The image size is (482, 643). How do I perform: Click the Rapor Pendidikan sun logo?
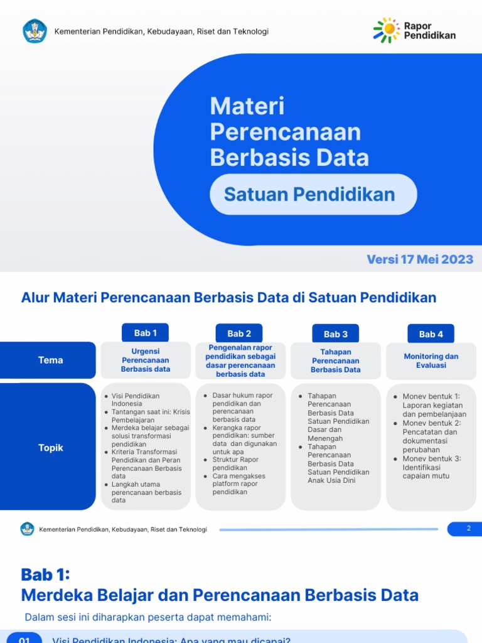pyautogui.click(x=387, y=30)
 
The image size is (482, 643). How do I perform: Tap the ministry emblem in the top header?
pyautogui.click(x=35, y=31)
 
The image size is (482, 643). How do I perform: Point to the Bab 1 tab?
pyautogui.click(x=146, y=333)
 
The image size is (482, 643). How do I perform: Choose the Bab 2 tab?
pyautogui.click(x=239, y=333)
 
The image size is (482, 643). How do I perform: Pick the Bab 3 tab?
pyautogui.click(x=336, y=334)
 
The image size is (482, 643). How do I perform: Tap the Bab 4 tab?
pyautogui.click(x=431, y=334)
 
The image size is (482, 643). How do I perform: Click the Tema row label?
pyautogui.click(x=51, y=360)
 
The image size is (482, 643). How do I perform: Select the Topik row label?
pyautogui.click(x=51, y=448)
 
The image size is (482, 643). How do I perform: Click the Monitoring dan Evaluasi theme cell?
pyautogui.click(x=431, y=360)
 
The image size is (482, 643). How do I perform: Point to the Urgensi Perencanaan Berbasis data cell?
pyautogui.click(x=146, y=360)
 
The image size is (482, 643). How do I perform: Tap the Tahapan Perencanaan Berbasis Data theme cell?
pyautogui.click(x=336, y=361)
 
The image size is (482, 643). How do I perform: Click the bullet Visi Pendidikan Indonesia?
pyautogui.click(x=136, y=399)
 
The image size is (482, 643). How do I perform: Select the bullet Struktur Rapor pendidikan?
pyautogui.click(x=235, y=463)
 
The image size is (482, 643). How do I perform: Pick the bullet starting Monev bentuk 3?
pyautogui.click(x=432, y=467)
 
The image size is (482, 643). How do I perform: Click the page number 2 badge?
pyautogui.click(x=468, y=529)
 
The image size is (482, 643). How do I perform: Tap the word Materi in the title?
pyautogui.click(x=247, y=106)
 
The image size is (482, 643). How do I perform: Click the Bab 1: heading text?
pyautogui.click(x=45, y=575)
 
